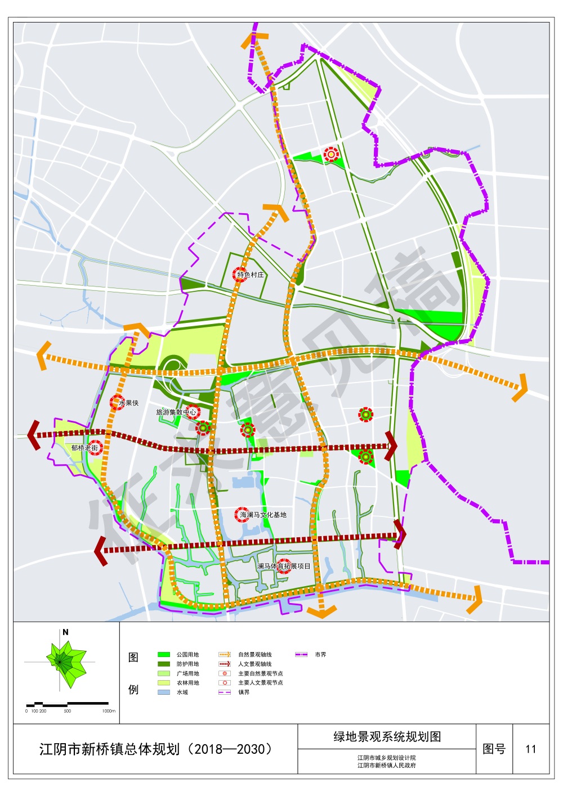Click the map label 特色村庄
click(x=251, y=275)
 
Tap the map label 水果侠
click(x=128, y=403)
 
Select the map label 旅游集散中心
click(x=176, y=412)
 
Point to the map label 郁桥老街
click(x=84, y=448)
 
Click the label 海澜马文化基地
click(x=263, y=515)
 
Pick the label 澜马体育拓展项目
click(x=284, y=566)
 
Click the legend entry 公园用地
click(x=187, y=655)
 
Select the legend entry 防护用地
click(x=187, y=664)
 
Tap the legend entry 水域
click(x=182, y=692)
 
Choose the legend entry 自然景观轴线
click(x=254, y=655)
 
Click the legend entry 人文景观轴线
click(x=254, y=664)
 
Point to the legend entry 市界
click(x=320, y=655)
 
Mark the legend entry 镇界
click(x=244, y=692)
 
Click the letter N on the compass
click(x=65, y=632)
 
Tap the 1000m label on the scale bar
click(x=109, y=711)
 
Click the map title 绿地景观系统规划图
click(x=387, y=737)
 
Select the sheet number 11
click(x=530, y=749)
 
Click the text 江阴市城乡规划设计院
click(x=387, y=758)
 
